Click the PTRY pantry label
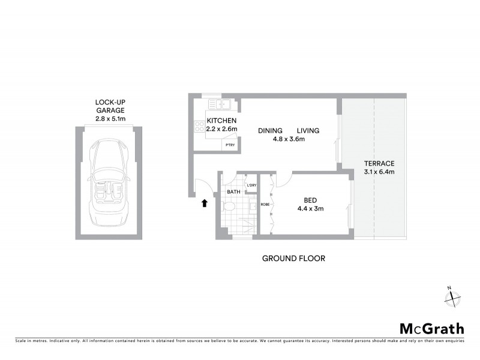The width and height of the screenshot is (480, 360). click(230, 145)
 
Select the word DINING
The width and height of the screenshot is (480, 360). click(271, 131)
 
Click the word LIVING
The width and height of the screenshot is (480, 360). click(308, 131)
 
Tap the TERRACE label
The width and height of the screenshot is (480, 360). click(379, 163)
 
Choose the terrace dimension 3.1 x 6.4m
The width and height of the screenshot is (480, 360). click(379, 172)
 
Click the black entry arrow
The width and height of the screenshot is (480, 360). click(205, 203)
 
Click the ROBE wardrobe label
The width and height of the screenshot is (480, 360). click(265, 204)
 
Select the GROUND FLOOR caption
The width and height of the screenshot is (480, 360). click(293, 259)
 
